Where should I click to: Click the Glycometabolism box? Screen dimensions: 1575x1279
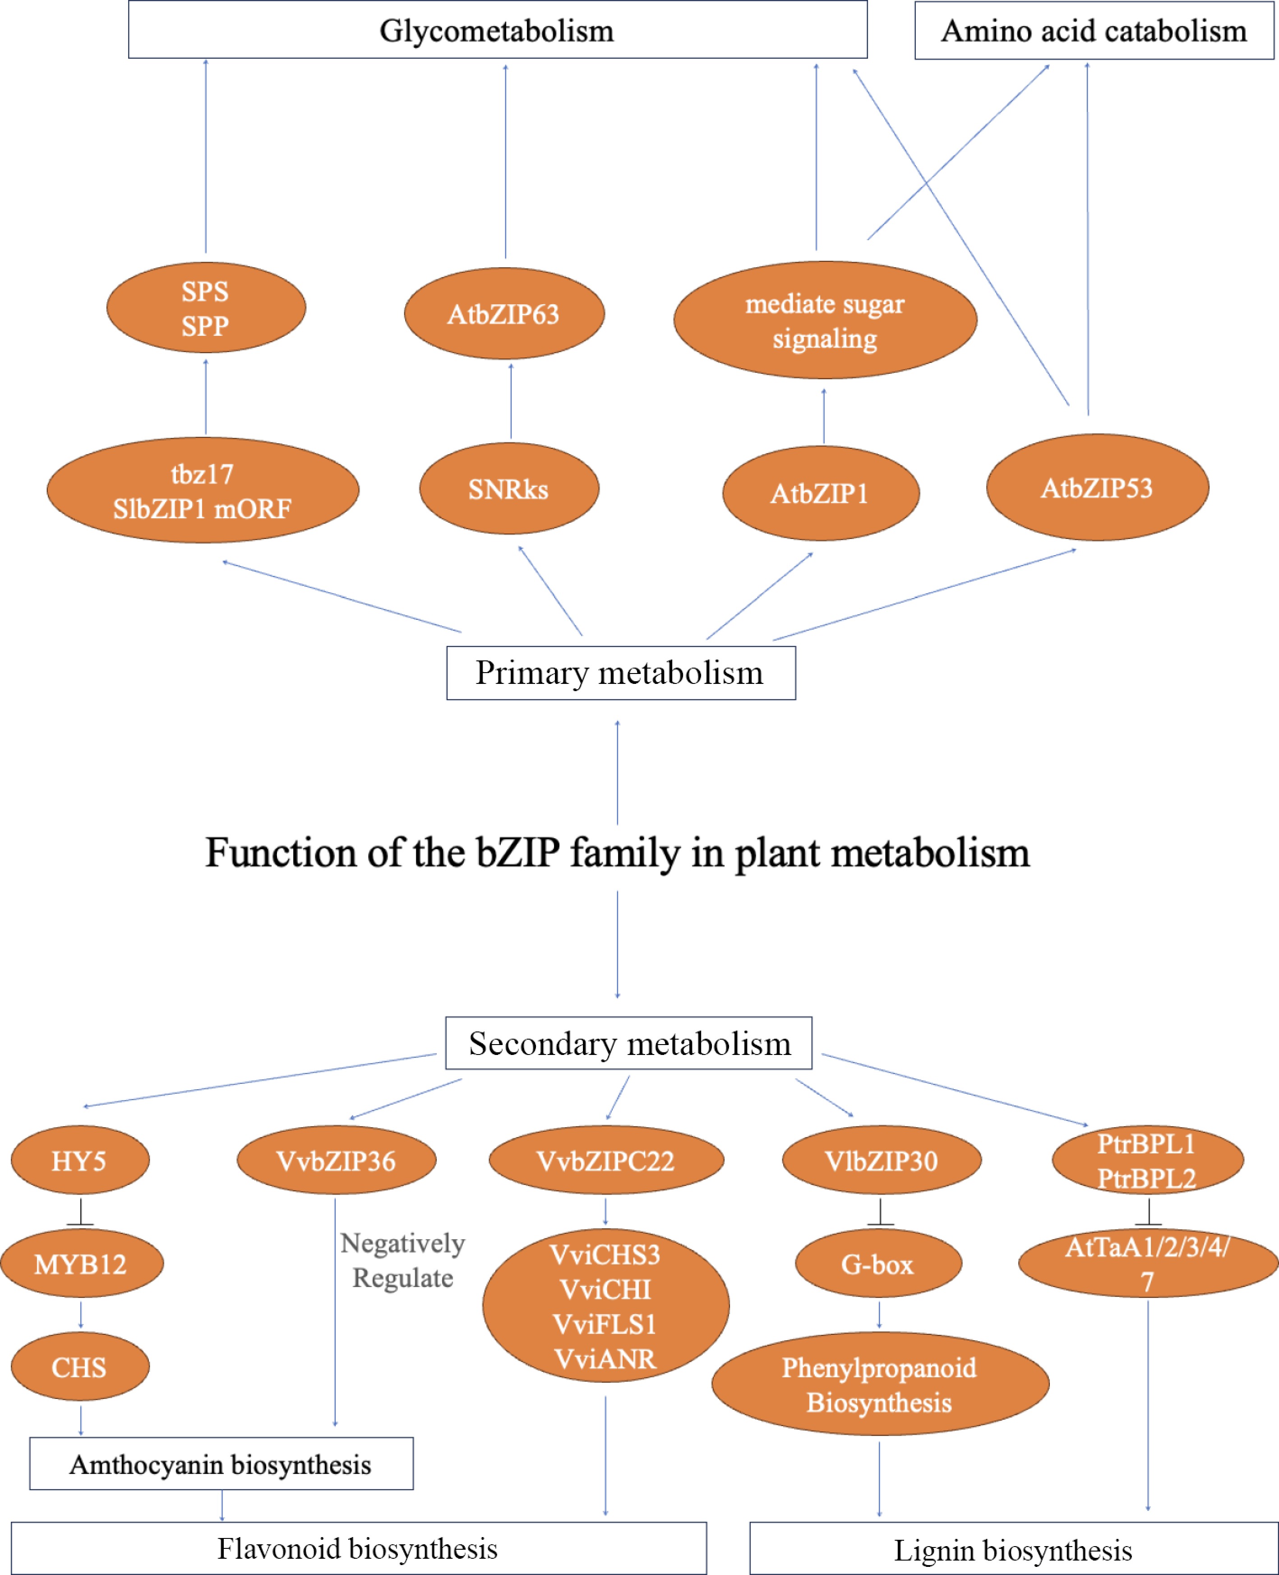(x=497, y=30)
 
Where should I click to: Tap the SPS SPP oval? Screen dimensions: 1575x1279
(x=206, y=308)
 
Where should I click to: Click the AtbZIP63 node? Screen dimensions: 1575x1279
(x=504, y=314)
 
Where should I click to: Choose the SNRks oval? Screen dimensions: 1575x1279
(x=508, y=488)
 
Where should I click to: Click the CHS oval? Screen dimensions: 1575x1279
(x=79, y=1367)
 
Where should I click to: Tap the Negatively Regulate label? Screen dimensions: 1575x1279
(x=402, y=1260)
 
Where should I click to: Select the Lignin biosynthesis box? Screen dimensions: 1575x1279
(x=1013, y=1550)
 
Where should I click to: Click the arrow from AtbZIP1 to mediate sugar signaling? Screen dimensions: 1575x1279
(x=824, y=416)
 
